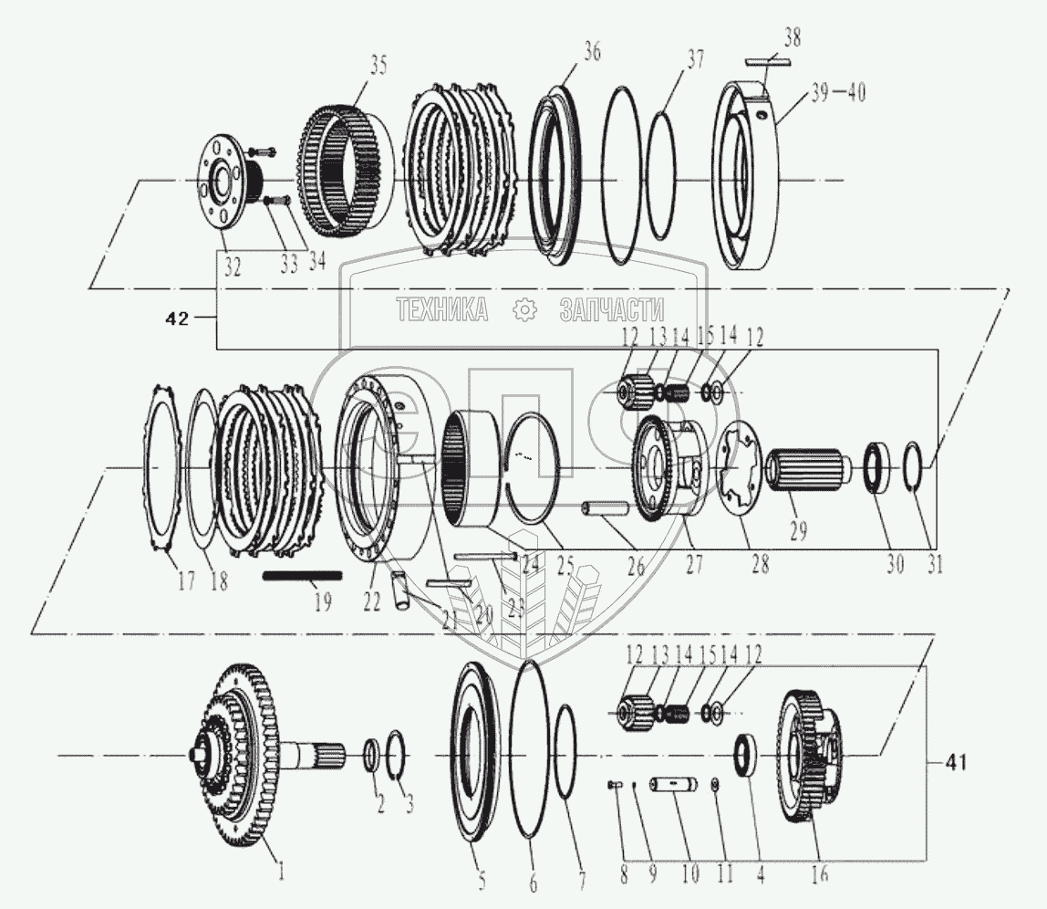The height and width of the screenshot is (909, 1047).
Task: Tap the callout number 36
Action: [593, 53]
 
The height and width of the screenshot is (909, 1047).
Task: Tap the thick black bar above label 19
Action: [302, 576]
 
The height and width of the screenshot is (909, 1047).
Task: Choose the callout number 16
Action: [819, 874]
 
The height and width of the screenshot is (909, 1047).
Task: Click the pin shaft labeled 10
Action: [674, 784]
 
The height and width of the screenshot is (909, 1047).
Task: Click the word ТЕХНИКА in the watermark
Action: [441, 310]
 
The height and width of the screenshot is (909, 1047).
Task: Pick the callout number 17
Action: [186, 581]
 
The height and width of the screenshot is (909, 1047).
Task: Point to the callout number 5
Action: [482, 882]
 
